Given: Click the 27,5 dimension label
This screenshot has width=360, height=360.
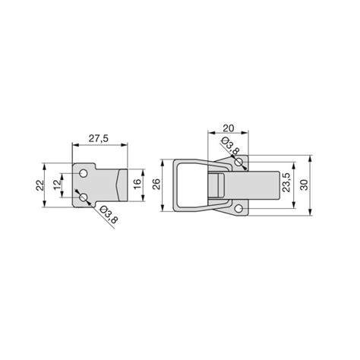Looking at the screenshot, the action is pyautogui.click(x=99, y=138).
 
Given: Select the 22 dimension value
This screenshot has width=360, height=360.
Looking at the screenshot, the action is pyautogui.click(x=39, y=185).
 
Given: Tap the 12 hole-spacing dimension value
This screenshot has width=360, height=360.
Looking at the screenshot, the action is pyautogui.click(x=58, y=185).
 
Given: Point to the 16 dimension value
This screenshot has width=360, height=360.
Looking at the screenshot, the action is pyautogui.click(x=137, y=185).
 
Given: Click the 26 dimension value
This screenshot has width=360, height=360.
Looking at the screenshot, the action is pyautogui.click(x=156, y=185).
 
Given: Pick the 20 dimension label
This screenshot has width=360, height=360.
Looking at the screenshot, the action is pyautogui.click(x=228, y=128).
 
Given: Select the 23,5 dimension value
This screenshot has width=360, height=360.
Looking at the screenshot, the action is pyautogui.click(x=286, y=183).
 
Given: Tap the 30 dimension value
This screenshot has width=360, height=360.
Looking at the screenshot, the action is pyautogui.click(x=305, y=185).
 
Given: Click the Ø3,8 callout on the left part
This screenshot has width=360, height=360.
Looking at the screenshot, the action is pyautogui.click(x=109, y=215).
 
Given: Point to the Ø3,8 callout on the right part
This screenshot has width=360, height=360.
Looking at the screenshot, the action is pyautogui.click(x=229, y=146).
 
